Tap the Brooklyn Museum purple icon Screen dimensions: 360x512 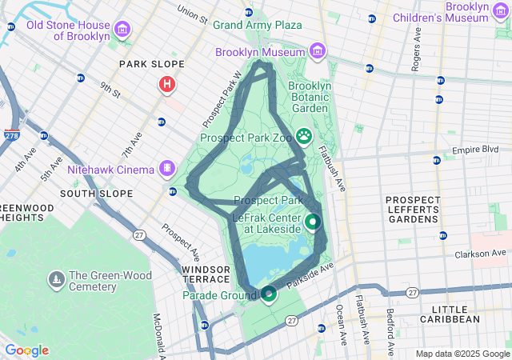point(318,52)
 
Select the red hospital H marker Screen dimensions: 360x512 point(166,83)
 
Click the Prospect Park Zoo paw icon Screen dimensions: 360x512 point(304,135)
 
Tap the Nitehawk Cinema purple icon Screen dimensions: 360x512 point(166,168)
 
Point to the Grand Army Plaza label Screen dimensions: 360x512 point(257,25)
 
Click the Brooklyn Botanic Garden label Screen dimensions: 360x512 point(308,97)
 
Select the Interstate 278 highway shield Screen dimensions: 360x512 point(12,137)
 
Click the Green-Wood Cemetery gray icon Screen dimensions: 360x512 point(57,279)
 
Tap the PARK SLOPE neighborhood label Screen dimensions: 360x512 point(151,64)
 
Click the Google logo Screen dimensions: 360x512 point(26,350)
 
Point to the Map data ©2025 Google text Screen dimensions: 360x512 point(462,354)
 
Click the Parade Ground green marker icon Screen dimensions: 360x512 point(269,294)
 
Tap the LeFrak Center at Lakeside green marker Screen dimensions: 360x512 point(313,222)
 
